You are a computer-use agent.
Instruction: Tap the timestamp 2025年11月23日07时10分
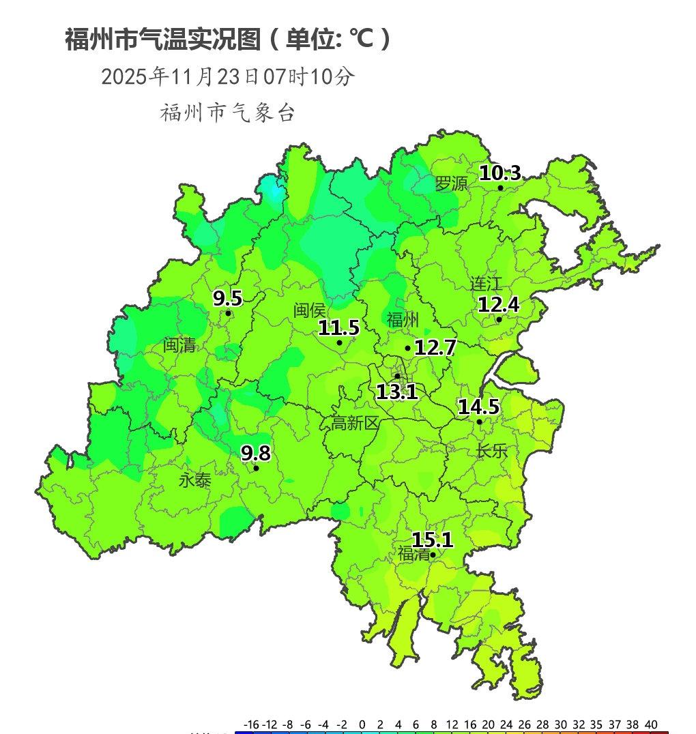click(x=228, y=76)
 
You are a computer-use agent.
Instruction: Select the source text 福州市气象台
click(x=228, y=113)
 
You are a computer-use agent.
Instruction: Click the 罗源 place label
click(x=452, y=183)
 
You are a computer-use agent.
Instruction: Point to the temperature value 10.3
click(x=499, y=173)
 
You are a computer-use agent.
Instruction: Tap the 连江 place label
click(x=486, y=284)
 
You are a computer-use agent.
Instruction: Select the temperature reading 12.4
click(x=498, y=305)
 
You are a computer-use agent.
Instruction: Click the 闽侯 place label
click(x=310, y=310)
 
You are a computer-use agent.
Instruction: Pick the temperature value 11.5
click(x=338, y=328)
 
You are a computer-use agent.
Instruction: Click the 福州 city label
click(x=403, y=320)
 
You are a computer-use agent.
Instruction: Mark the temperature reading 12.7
click(x=435, y=348)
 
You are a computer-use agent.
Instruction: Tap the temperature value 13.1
click(x=396, y=392)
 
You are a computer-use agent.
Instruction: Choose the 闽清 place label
click(x=179, y=345)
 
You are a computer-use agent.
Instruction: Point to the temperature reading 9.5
click(x=227, y=299)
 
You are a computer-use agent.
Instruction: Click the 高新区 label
click(x=355, y=423)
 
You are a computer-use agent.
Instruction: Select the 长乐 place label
click(x=492, y=451)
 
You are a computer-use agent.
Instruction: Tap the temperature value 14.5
click(x=478, y=407)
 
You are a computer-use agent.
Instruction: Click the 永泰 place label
click(x=195, y=480)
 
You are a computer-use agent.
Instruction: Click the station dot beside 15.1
click(x=433, y=555)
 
